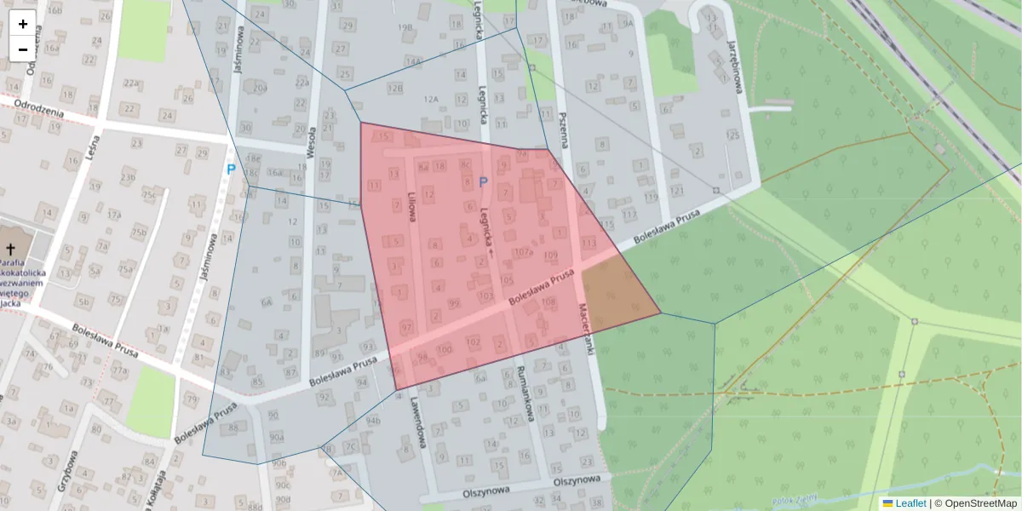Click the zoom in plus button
pos(23,24)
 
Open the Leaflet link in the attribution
pos(910,503)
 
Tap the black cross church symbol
pos(11,249)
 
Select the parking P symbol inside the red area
pos(483,181)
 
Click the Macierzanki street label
pos(586,328)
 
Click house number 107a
pos(524,252)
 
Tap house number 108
pos(548,302)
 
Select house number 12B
pos(394,88)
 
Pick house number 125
pos(730,135)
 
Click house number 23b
pos(128,177)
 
